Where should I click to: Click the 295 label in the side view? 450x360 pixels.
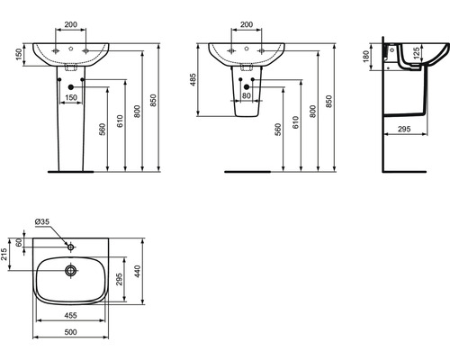[405, 130]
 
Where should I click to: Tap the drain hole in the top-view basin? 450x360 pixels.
[71, 268]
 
